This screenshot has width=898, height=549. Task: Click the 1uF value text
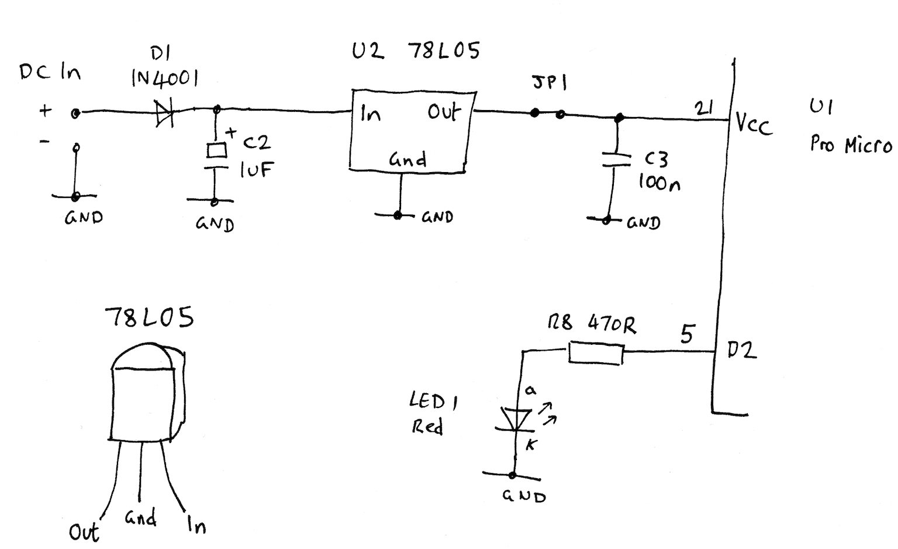click(x=255, y=169)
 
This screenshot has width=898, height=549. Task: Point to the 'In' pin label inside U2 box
click(x=370, y=112)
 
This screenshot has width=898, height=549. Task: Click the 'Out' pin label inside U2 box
click(x=444, y=111)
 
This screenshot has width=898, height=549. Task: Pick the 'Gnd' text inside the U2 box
click(x=407, y=159)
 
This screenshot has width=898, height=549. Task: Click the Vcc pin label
click(x=754, y=125)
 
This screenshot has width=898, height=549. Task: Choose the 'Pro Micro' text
click(x=851, y=144)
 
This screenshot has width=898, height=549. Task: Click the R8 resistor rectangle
click(x=596, y=355)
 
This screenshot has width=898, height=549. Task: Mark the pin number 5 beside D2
click(x=688, y=334)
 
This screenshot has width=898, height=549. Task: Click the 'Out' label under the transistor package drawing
click(x=84, y=531)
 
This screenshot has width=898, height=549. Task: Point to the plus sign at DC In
click(x=45, y=111)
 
